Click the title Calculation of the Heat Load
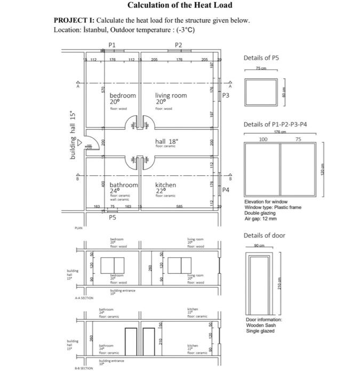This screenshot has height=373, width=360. [x=180, y=6]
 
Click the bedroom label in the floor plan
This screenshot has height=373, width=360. [x=123, y=95]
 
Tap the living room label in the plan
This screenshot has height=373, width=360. [x=171, y=95]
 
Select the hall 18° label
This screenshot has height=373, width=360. [x=166, y=141]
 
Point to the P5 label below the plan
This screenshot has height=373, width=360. [x=112, y=217]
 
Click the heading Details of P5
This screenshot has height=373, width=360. [x=261, y=58]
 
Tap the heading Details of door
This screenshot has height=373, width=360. [x=264, y=236]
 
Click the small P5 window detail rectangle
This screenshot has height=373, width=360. [x=261, y=92]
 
